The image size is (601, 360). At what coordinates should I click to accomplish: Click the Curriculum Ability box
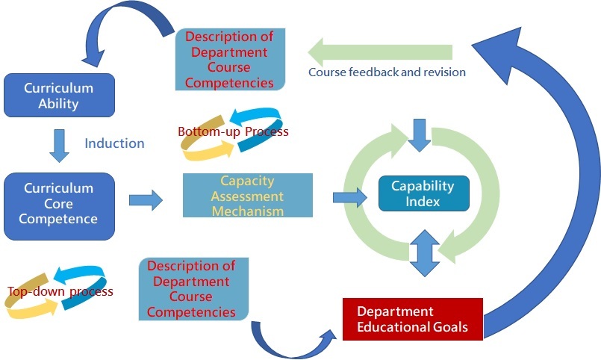[60, 95]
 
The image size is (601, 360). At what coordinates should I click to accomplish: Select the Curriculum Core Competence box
[60, 206]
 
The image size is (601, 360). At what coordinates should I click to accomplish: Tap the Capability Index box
[424, 193]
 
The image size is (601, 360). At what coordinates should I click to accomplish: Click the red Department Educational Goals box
[413, 319]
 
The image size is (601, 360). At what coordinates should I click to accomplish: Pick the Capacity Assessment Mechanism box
[248, 195]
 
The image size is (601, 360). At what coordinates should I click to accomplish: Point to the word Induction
[115, 143]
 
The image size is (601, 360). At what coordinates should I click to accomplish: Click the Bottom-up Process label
[233, 131]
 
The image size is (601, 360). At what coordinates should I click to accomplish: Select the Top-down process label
[60, 291]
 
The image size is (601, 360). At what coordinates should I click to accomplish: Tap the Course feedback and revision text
[387, 72]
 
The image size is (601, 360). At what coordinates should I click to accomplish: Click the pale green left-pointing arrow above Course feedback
[380, 52]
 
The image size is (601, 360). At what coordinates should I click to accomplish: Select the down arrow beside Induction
[60, 146]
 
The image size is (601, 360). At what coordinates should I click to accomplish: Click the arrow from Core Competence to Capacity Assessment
[146, 200]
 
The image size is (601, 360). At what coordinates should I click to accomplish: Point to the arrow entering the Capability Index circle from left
[350, 197]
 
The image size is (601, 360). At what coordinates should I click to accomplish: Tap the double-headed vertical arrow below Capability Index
[424, 253]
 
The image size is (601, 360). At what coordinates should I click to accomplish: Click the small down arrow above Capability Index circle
[420, 135]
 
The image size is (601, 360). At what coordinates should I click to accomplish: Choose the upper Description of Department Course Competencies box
[230, 60]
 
